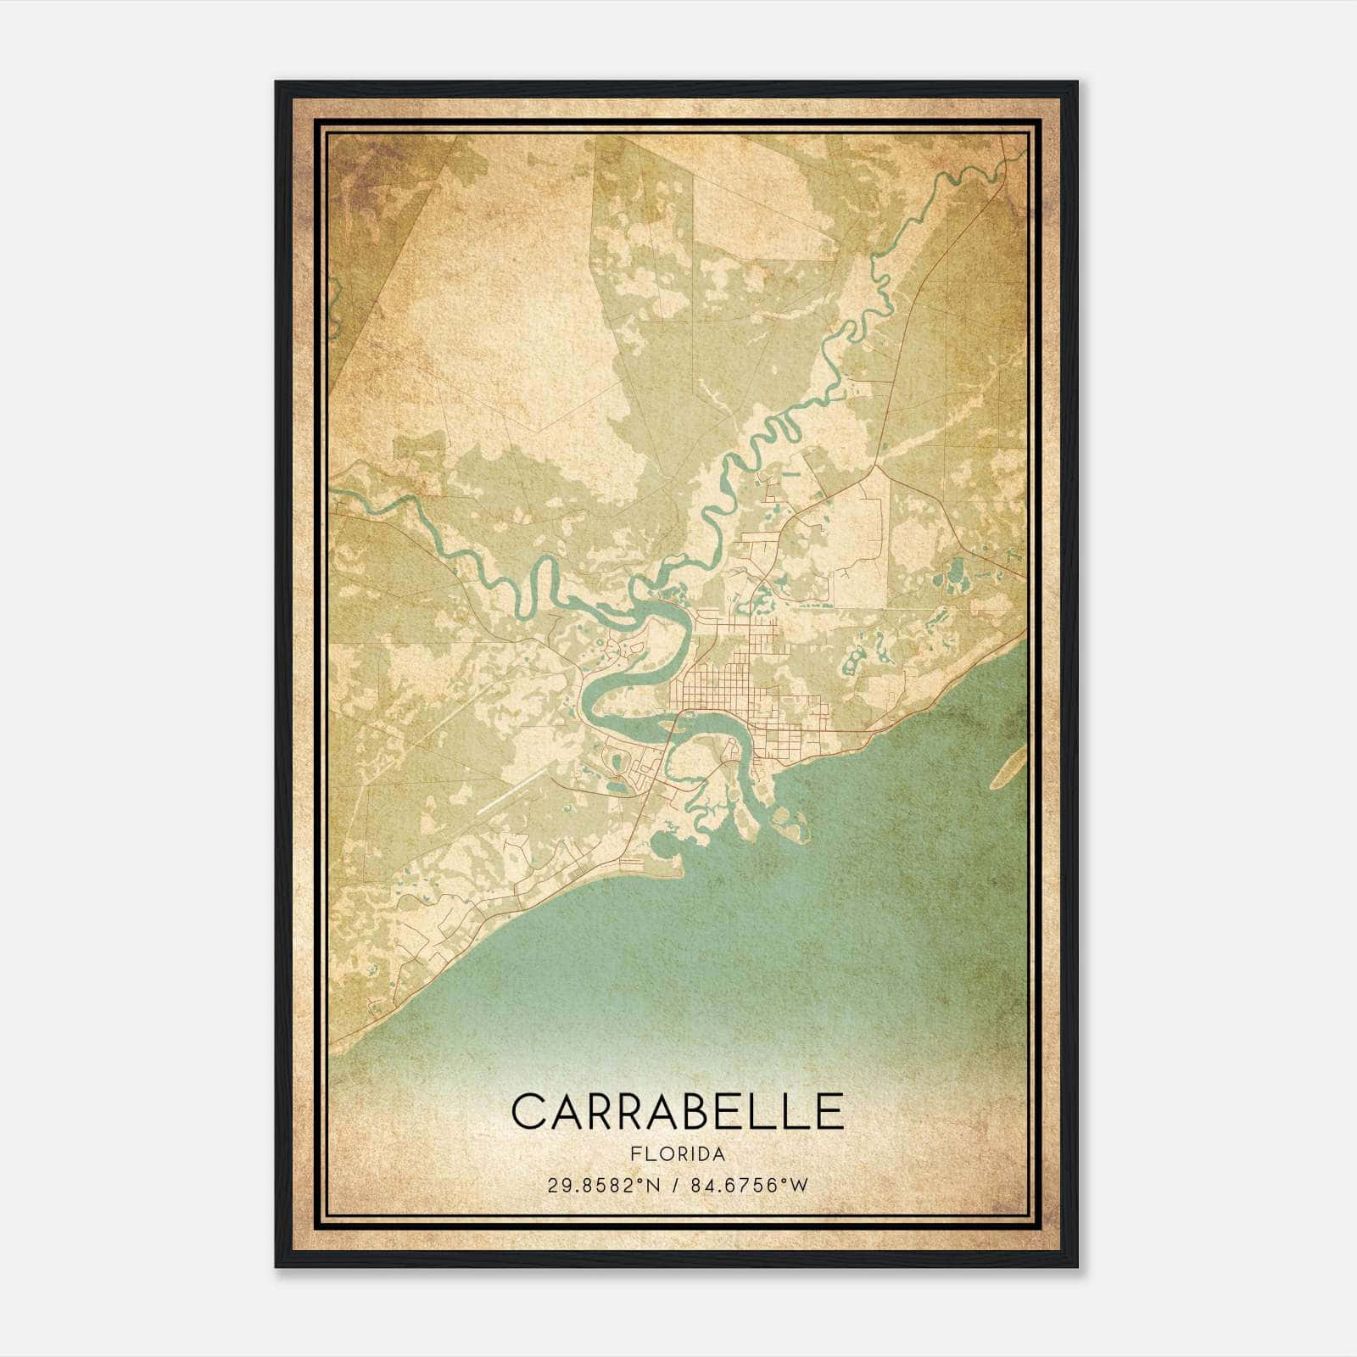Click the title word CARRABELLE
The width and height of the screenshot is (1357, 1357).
pos(678,1112)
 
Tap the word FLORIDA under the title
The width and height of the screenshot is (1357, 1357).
pos(678,1155)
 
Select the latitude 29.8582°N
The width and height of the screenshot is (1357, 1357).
pos(602,1186)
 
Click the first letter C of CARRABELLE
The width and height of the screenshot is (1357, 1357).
pos(529,1112)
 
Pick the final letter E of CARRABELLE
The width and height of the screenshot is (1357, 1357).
pos(829,1112)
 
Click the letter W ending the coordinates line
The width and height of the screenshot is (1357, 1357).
pos(801,1186)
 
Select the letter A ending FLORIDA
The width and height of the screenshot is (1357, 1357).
pos(719,1155)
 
